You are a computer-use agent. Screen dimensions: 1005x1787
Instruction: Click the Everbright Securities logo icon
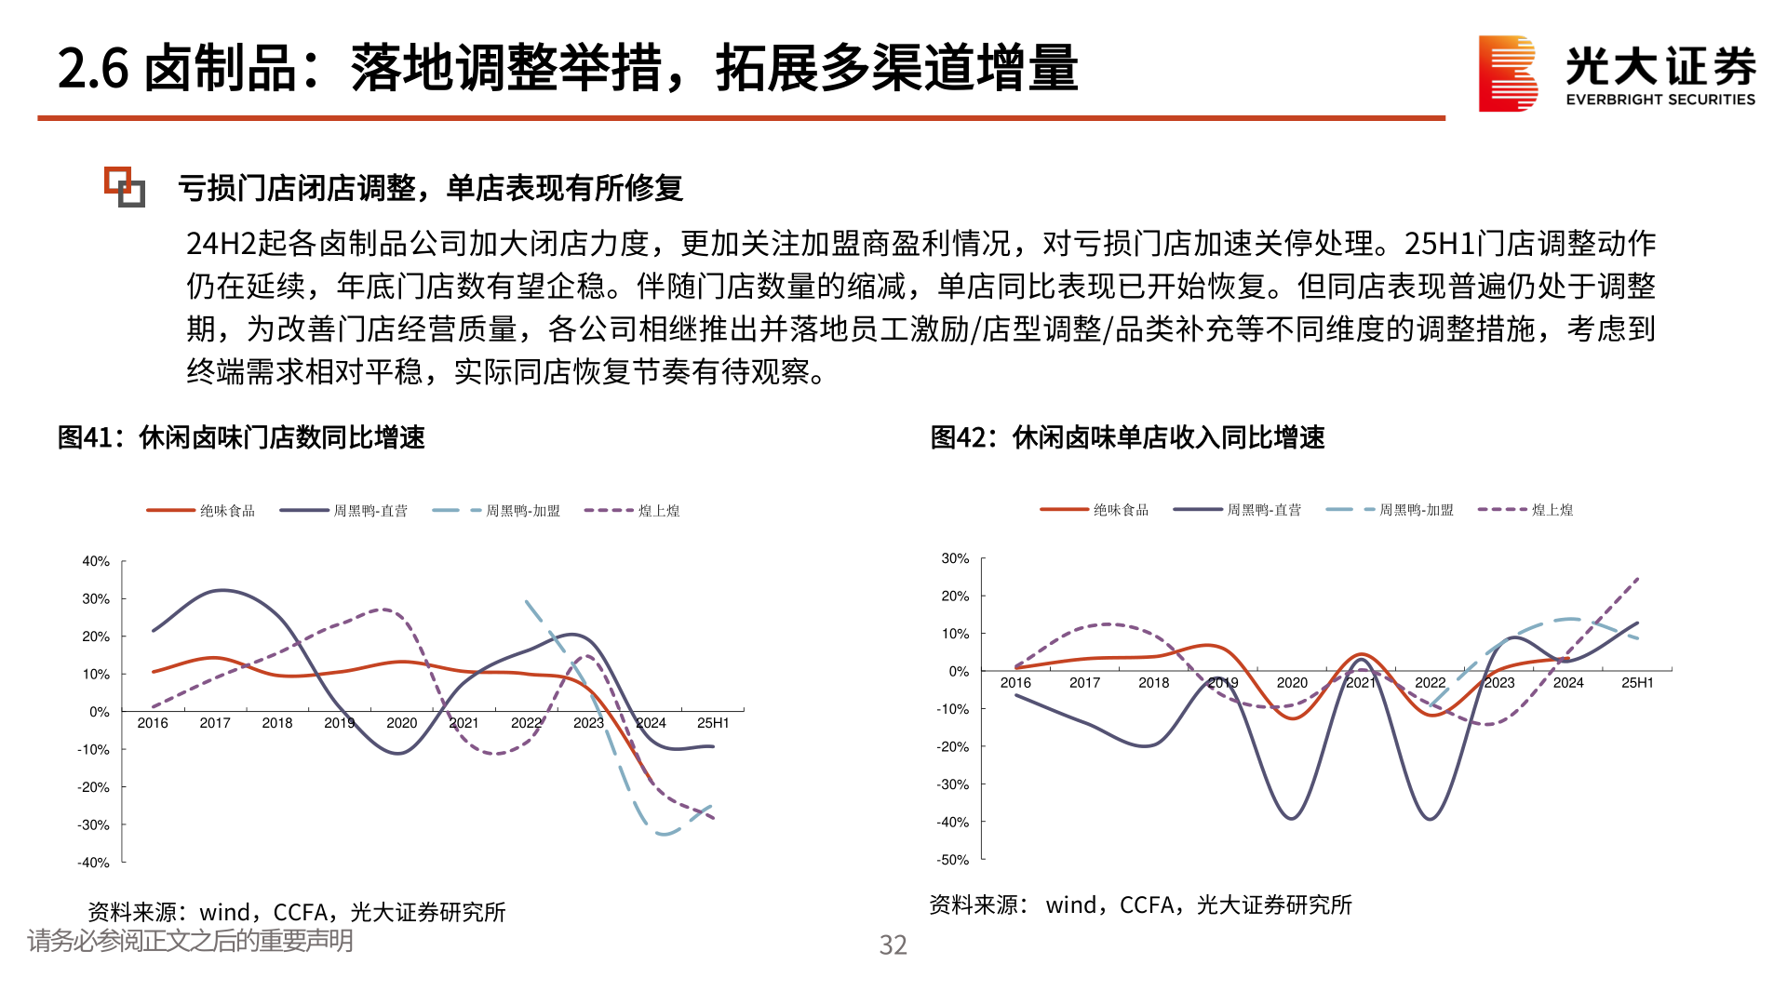[x=1508, y=74]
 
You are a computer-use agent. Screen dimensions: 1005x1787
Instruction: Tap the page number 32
[x=893, y=945]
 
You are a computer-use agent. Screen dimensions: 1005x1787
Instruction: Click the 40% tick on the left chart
[x=96, y=561]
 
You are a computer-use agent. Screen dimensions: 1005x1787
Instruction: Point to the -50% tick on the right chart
[x=954, y=860]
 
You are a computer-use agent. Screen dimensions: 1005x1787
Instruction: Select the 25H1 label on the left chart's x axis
[x=713, y=723]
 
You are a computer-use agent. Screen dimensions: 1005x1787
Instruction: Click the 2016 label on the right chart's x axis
[x=1015, y=683]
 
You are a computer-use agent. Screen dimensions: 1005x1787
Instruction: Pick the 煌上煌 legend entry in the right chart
[x=1552, y=510]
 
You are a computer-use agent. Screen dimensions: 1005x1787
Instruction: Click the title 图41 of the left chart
[x=241, y=437]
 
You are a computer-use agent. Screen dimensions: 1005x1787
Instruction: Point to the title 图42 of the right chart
[x=1127, y=437]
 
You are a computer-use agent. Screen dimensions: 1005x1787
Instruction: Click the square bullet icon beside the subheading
[x=124, y=186]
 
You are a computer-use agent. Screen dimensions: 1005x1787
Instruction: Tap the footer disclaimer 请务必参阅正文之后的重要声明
[x=190, y=941]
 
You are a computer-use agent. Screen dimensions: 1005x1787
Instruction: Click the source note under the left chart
[x=296, y=912]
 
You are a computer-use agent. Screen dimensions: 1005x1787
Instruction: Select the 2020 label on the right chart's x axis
[x=1292, y=683]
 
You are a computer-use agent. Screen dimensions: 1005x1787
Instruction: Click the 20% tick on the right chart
[x=955, y=596]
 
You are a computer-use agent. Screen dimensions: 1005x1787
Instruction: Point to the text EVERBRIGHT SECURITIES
[x=1660, y=100]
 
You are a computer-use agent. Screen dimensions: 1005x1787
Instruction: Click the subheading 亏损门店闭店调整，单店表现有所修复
[x=430, y=188]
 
